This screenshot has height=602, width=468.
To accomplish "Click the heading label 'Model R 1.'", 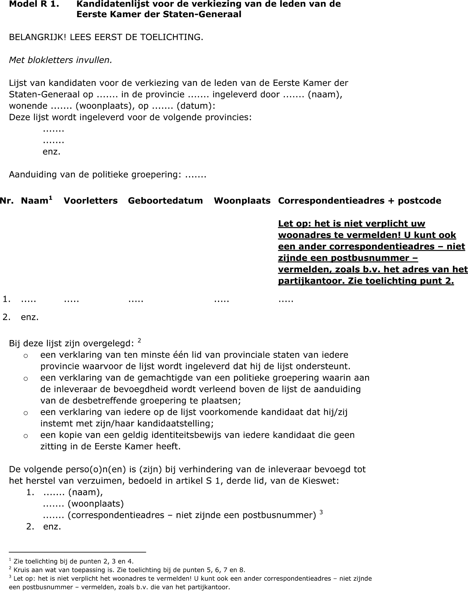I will click(34, 4).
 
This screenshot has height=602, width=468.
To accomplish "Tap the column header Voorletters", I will click(91, 201).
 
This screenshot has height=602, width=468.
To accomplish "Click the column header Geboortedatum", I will click(165, 201).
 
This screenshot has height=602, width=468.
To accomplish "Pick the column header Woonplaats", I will click(242, 201).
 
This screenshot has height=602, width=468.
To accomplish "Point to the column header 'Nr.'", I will click(7, 201).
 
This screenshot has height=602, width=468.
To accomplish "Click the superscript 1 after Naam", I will click(50, 198).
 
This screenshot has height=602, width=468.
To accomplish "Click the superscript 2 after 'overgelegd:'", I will click(139, 341).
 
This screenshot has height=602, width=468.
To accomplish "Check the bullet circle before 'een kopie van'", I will click(26, 436).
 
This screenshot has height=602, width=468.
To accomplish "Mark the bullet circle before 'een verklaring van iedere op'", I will click(26, 413).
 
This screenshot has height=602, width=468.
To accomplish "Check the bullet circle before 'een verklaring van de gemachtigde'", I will click(26, 379).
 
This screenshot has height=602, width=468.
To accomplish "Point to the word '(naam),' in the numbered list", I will click(85, 492).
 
